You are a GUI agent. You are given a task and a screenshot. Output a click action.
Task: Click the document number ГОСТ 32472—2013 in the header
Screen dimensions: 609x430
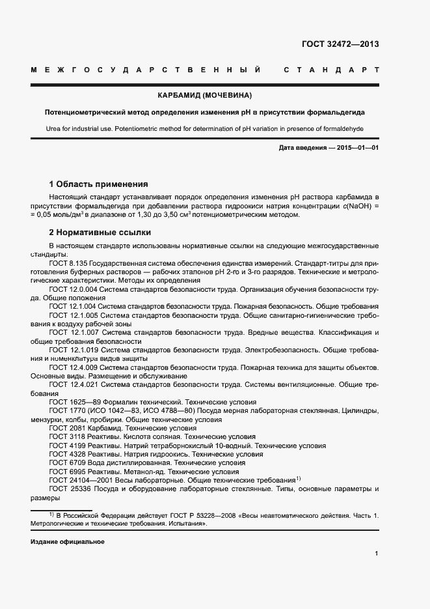pos(340,44)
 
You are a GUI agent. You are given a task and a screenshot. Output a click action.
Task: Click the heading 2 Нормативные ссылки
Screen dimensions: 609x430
pos(100,232)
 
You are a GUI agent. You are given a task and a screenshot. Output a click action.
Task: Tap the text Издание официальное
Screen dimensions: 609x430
pos(67,542)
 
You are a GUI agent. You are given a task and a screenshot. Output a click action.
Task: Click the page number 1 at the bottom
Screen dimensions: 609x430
pos(377,554)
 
